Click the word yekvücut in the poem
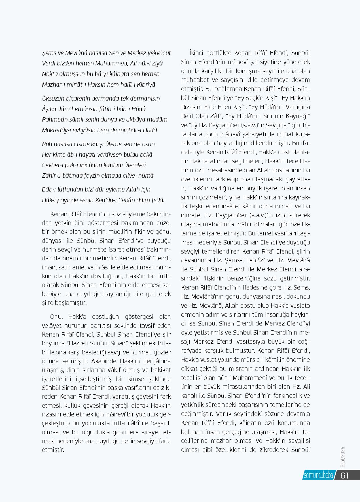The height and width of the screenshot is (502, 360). [160, 53]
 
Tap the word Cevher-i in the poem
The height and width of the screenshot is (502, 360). [52, 165]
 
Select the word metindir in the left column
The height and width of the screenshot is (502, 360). [102, 258]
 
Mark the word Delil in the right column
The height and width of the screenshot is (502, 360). [189, 116]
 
